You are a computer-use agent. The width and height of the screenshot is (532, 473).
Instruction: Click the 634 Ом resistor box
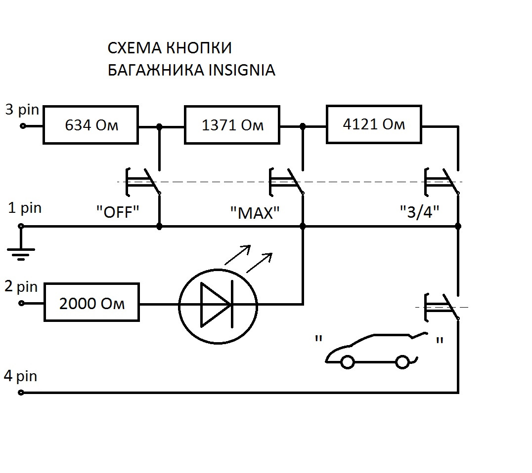click(91, 125)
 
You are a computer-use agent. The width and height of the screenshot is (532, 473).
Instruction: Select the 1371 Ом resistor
click(232, 125)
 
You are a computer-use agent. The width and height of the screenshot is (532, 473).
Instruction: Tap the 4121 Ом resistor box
click(374, 124)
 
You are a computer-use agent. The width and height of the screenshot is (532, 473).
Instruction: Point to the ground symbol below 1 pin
click(21, 253)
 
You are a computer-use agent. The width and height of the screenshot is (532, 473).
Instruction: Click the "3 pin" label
click(22, 110)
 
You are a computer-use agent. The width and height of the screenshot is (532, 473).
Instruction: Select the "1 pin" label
click(25, 208)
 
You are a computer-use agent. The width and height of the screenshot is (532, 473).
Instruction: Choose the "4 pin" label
click(20, 376)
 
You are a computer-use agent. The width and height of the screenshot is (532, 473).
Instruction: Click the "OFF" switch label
click(118, 213)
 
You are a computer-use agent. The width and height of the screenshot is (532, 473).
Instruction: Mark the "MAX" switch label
click(255, 213)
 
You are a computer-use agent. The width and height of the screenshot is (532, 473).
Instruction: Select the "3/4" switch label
click(420, 212)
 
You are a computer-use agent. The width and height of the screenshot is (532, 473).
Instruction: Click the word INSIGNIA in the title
click(242, 70)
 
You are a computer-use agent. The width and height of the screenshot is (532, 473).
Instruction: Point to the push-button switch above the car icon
click(442, 306)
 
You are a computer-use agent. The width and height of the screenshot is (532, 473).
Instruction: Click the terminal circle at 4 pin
click(21, 393)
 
